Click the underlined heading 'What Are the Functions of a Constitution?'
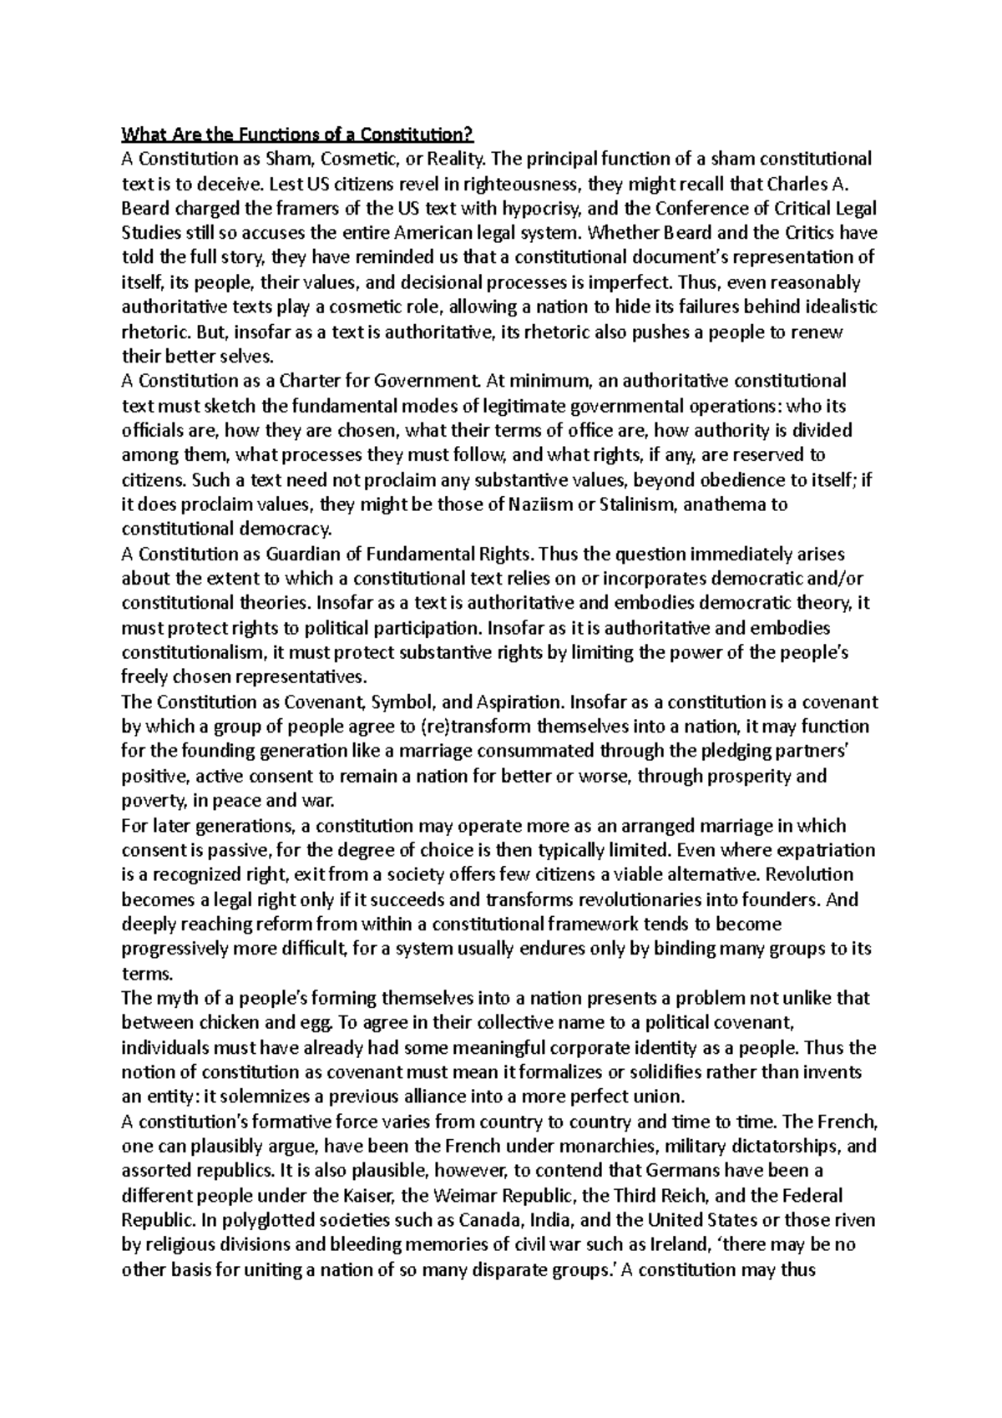pos(297,134)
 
